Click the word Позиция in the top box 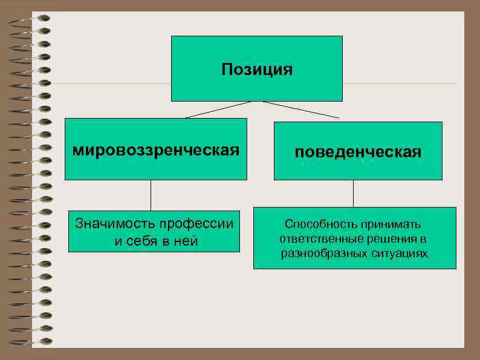point(256,70)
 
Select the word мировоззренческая point(156,149)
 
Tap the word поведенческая point(358,152)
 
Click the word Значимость point(112,223)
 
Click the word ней point(185,241)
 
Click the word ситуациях point(397,253)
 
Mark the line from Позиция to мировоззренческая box point(218,110)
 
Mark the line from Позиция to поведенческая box point(301,110)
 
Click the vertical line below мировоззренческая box point(151,195)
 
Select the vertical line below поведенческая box point(353,194)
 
